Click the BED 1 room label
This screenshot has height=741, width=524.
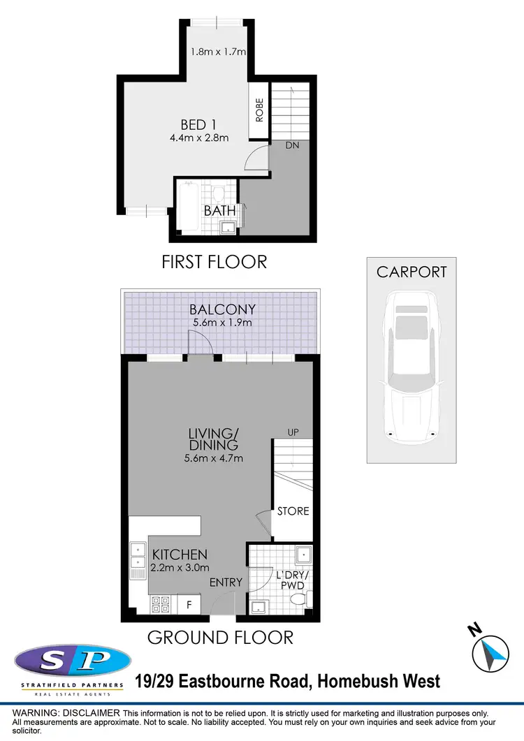198,125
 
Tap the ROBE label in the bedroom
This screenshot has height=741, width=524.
259,110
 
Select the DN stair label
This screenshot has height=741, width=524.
293,146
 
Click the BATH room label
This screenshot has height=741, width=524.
218,210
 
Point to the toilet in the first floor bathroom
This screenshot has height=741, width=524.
218,193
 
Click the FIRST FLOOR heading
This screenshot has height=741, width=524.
214,262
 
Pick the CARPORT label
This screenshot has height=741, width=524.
412,272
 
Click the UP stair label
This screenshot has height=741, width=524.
293,432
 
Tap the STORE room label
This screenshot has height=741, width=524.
293,511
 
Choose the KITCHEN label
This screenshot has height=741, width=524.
180,555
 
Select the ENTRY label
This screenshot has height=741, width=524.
226,582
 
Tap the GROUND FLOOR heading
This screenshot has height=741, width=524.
220,637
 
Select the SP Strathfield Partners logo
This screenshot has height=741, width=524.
70,669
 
